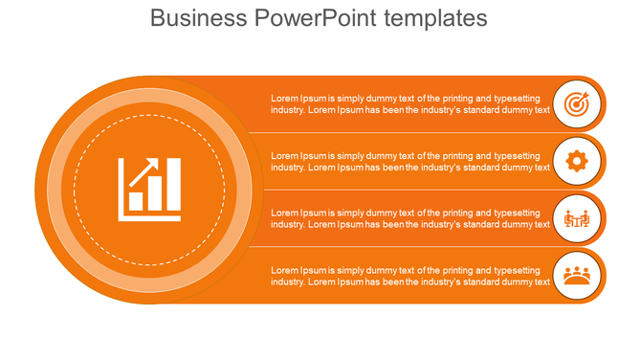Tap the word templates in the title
pyautogui.click(x=434, y=18)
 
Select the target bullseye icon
pyautogui.click(x=576, y=103)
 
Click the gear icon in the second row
pyautogui.click(x=576, y=161)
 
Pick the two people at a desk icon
pyautogui.click(x=576, y=218)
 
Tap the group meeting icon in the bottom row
pyautogui.click(x=576, y=276)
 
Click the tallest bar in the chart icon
pyautogui.click(x=173, y=185)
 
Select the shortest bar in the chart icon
pyautogui.click(x=137, y=200)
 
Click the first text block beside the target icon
pyautogui.click(x=410, y=103)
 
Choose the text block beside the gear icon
pyautogui.click(x=410, y=161)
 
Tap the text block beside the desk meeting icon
pyautogui.click(x=410, y=218)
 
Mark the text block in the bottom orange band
pyautogui.click(x=410, y=276)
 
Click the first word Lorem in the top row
pyautogui.click(x=284, y=98)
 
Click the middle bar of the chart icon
pyautogui.click(x=155, y=194)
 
